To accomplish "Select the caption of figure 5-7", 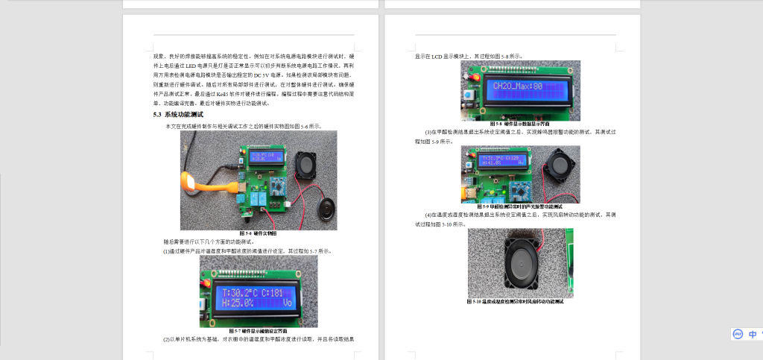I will pos(258,330).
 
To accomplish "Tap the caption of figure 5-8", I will pos(519,124).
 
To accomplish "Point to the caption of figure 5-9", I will pos(519,206).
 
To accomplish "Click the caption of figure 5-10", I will pos(519,302).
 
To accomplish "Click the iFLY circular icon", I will pos(737,334).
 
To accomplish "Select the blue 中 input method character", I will pos(753,334).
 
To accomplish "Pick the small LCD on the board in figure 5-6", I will pos(266,157).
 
